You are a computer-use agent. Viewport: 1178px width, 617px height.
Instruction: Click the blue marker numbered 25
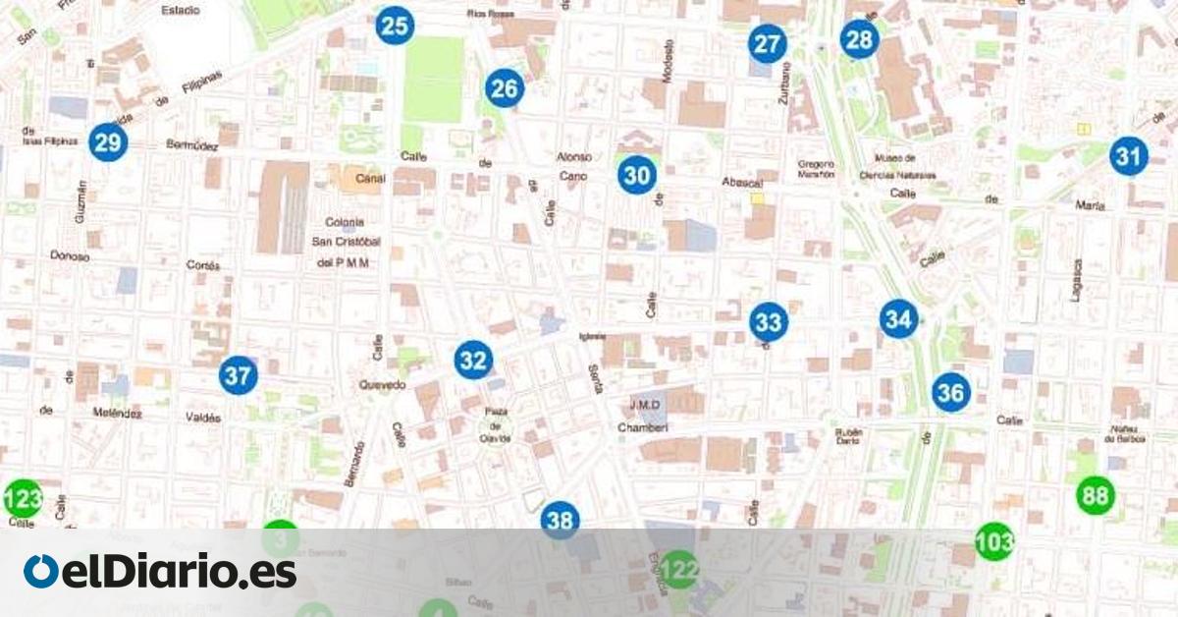395,26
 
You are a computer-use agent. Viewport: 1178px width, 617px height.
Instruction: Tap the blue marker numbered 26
504,89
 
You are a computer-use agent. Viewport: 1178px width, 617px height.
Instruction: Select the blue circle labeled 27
767,44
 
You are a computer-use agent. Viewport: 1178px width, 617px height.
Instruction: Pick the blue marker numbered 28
859,39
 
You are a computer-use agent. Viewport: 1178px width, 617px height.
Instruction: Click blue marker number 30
637,176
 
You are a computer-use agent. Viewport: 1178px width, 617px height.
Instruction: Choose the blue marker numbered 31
1129,155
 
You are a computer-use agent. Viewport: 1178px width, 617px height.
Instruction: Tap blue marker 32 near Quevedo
473,361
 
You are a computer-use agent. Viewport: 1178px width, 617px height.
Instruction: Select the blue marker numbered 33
768,321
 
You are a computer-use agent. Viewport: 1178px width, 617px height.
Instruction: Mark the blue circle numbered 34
898,318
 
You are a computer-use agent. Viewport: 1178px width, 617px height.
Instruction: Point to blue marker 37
238,375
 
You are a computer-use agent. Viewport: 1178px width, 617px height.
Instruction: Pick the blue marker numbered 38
560,520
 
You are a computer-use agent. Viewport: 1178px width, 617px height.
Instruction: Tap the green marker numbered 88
1095,495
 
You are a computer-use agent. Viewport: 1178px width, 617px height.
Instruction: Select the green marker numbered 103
994,541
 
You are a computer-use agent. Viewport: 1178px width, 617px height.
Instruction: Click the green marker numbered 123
23,499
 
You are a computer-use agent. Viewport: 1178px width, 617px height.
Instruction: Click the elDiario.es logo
160,572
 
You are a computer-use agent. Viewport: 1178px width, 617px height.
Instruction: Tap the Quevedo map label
383,385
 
